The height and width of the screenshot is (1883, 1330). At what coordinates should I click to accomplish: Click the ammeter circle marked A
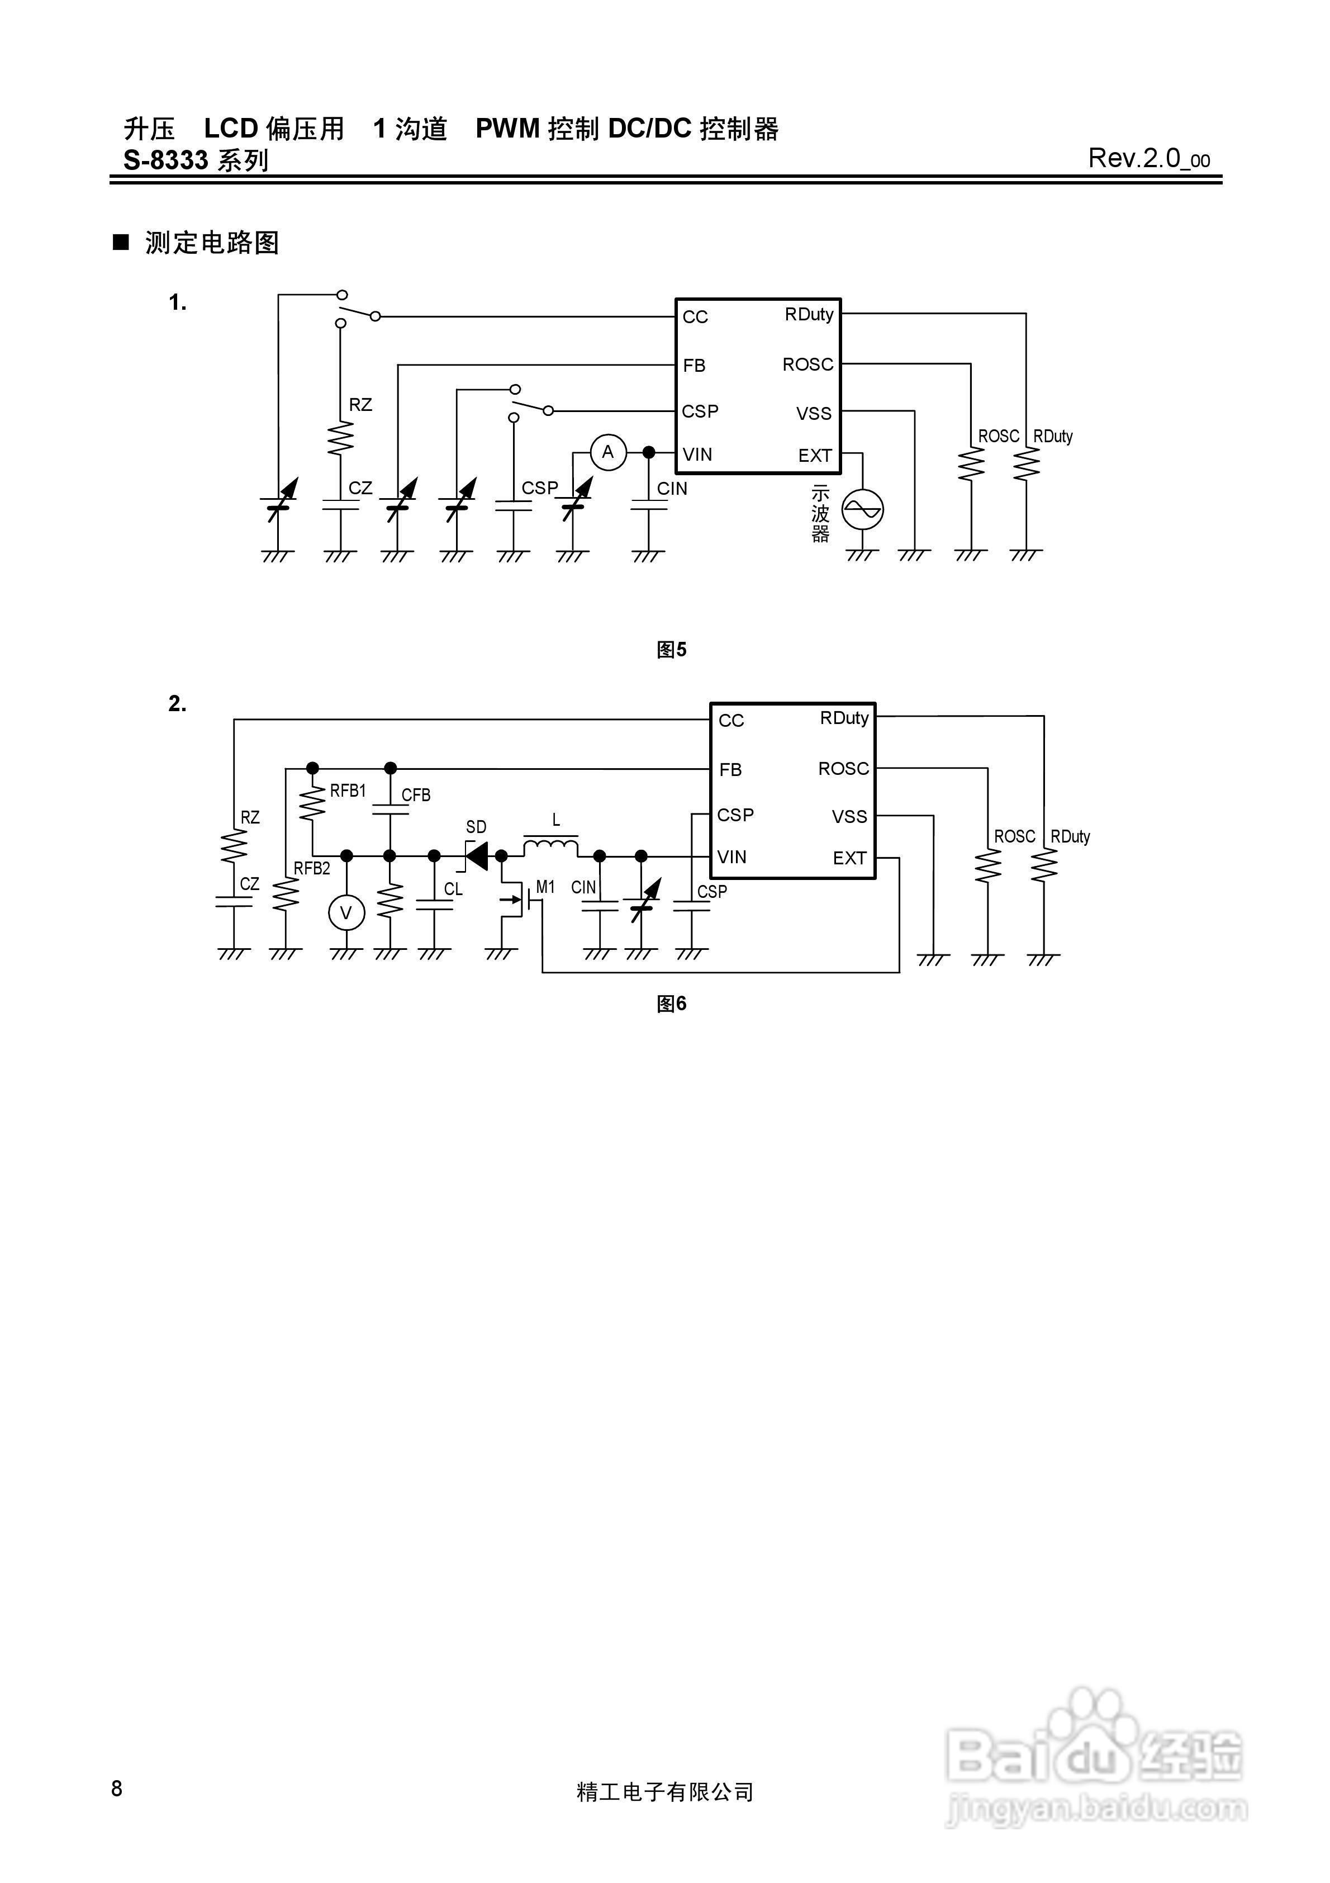coord(607,452)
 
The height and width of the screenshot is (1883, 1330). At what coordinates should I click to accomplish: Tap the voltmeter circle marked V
coord(346,913)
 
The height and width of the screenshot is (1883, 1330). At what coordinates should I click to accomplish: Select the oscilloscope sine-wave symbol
coord(863,509)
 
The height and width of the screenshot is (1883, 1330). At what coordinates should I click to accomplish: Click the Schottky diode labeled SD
coord(477,855)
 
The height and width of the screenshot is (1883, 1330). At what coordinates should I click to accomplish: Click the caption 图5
coord(672,650)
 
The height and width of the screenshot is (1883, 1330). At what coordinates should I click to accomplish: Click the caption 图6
coord(672,1003)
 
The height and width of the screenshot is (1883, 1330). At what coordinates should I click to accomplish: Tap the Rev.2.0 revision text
coord(1148,158)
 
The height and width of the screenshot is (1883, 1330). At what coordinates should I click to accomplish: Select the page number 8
coord(117,1788)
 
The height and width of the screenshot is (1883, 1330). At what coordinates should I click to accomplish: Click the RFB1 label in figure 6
coord(348,791)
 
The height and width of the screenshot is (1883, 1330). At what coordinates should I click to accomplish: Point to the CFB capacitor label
coord(416,794)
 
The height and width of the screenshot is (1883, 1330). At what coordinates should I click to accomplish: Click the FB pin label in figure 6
coord(730,769)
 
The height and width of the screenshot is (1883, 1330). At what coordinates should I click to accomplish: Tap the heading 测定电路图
coord(212,243)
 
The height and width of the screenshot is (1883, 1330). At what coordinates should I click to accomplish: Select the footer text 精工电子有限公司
coord(665,1792)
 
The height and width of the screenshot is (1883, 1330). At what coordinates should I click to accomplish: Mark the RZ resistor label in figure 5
coord(360,404)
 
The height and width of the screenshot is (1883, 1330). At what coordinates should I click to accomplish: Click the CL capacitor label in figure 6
coord(453,889)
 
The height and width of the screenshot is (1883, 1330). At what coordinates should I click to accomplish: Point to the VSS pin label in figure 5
coord(814,413)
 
